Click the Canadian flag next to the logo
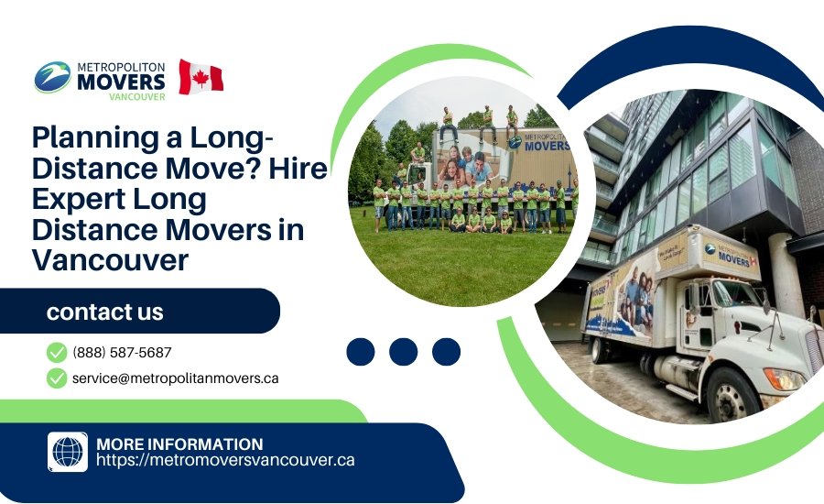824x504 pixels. click(201, 77)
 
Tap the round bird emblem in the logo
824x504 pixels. click(52, 77)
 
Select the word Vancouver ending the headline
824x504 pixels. click(110, 259)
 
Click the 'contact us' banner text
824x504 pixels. click(105, 312)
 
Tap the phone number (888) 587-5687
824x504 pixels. click(122, 352)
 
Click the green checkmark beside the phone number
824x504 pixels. click(57, 352)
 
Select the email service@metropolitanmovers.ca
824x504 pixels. click(175, 378)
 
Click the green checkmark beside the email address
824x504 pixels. click(57, 378)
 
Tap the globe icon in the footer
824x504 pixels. click(68, 452)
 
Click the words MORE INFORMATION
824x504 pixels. click(179, 444)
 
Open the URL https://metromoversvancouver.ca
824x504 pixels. click(225, 461)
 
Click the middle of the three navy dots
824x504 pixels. click(404, 352)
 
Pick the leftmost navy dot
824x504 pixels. click(361, 352)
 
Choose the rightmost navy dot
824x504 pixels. click(446, 352)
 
